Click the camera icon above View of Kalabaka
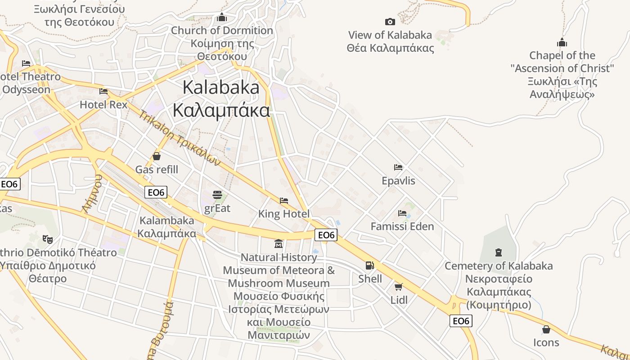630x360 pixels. coord(390,22)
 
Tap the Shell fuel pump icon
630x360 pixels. coord(369,265)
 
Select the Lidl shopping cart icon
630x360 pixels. coord(398,286)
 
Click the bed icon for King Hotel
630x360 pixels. coord(284,200)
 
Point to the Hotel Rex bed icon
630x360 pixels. coord(103,91)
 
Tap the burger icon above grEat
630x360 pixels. coord(217,195)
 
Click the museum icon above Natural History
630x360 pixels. coord(279,244)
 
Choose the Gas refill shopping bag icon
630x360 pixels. coord(157,156)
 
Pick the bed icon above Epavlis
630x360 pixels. coord(398,167)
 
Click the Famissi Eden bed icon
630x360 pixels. coord(402,213)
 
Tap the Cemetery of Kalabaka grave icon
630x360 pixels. coord(498,252)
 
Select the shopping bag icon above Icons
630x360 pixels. coord(546,329)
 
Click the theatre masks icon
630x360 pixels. coord(47,238)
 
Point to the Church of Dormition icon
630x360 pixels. coord(222,18)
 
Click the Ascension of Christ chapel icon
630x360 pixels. coord(562,43)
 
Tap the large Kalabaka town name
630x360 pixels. coord(221,99)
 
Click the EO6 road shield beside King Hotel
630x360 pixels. coord(327,235)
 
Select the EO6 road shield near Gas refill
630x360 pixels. coord(156,192)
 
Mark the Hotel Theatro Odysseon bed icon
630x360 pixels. coord(26,63)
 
